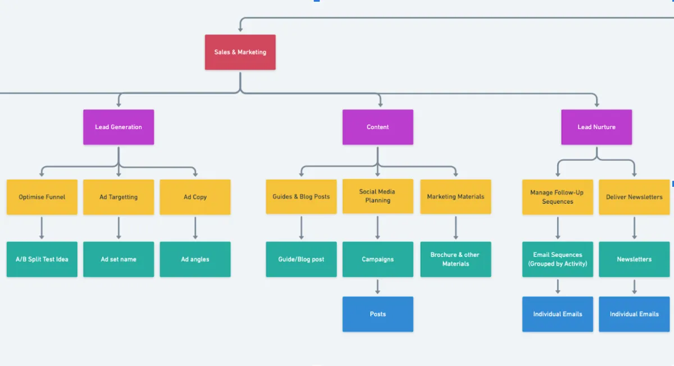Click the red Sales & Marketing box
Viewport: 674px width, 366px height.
point(240,52)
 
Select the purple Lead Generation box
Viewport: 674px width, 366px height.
point(119,127)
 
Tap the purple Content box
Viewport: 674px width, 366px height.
point(377,127)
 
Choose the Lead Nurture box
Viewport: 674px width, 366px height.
point(596,127)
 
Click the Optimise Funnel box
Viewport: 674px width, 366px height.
point(42,197)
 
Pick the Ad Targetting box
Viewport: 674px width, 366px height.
point(119,197)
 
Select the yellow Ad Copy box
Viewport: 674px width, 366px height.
point(195,197)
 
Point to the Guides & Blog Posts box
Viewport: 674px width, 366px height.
point(301,196)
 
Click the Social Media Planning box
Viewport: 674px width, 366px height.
point(377,196)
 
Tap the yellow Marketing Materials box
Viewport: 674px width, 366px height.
point(456,196)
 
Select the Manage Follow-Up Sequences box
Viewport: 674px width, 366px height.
point(557,197)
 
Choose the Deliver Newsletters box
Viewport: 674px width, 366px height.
point(634,197)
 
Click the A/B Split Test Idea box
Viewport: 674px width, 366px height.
point(42,259)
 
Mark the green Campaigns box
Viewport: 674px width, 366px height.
point(377,259)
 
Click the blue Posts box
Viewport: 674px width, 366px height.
point(377,314)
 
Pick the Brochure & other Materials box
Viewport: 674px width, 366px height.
point(456,259)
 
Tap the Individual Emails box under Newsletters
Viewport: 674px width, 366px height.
point(634,314)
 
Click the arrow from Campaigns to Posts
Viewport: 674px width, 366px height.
point(377,286)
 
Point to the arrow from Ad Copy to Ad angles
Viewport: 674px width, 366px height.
point(195,228)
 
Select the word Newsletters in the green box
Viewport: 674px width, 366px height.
point(634,259)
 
